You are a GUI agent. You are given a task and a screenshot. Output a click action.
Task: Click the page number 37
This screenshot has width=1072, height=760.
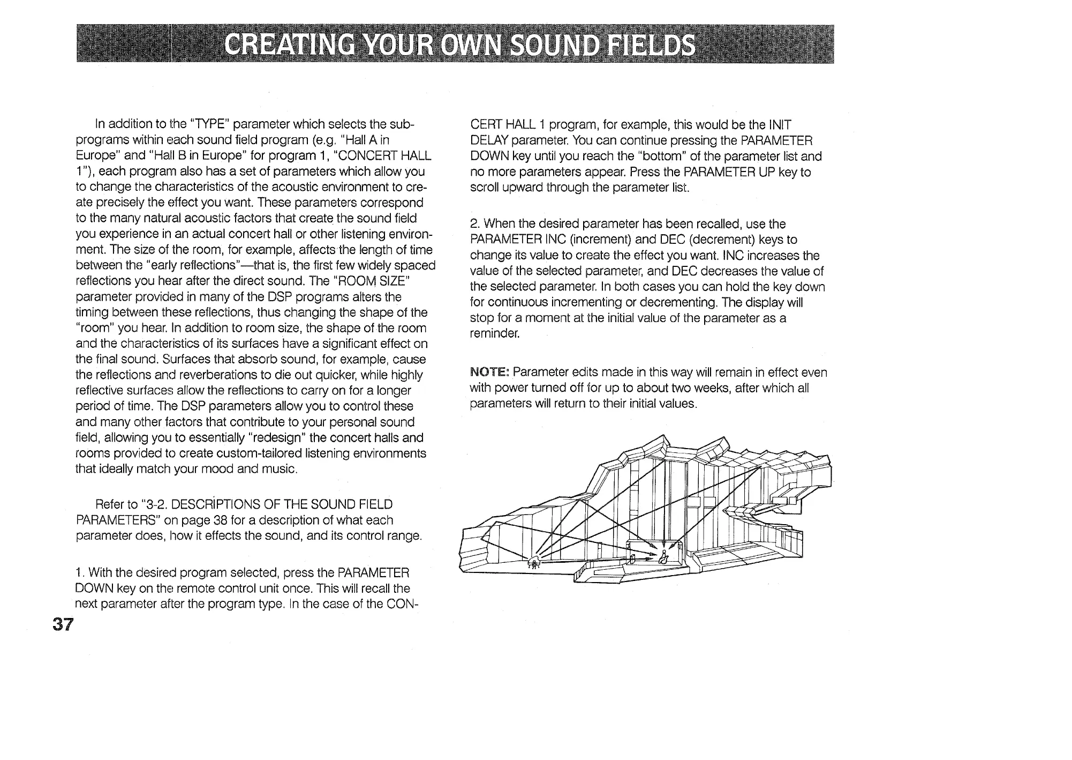click(x=62, y=624)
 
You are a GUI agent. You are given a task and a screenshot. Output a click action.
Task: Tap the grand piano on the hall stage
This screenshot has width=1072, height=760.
click(x=533, y=562)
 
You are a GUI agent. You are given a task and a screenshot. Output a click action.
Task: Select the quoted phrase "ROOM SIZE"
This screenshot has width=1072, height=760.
click(x=371, y=281)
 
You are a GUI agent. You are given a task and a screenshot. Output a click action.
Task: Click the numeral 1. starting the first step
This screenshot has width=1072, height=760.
click(x=81, y=572)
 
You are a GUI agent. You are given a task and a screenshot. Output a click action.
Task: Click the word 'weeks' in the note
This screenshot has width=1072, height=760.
click(x=688, y=388)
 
